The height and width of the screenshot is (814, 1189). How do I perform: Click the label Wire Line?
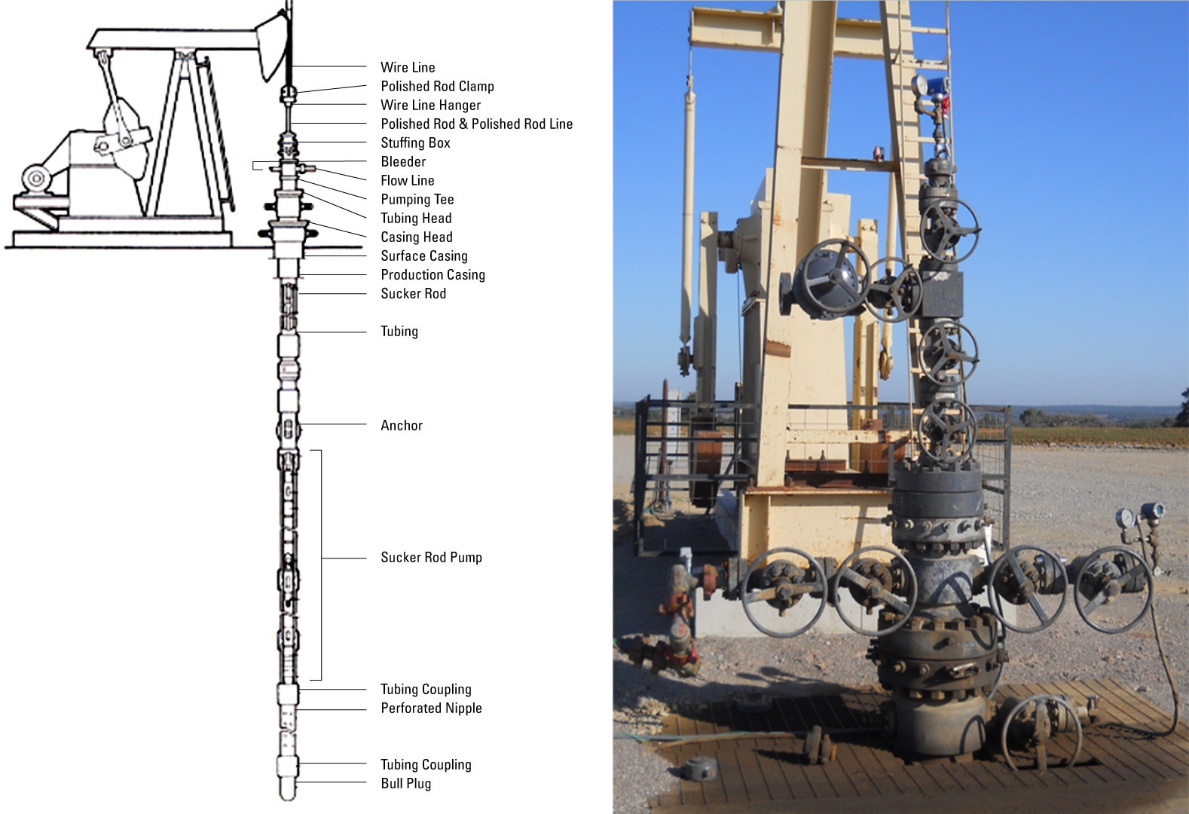click(408, 68)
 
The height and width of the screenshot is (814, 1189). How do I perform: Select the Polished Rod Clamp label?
click(437, 87)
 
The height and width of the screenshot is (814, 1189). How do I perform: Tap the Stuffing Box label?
click(415, 143)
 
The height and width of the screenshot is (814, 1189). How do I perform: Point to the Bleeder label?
click(403, 162)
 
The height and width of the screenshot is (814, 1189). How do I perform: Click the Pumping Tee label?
click(417, 200)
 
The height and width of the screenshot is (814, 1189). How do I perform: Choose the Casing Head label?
click(416, 237)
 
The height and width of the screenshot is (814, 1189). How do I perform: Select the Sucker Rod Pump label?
click(431, 558)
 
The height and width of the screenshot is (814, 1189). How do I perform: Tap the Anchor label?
click(402, 426)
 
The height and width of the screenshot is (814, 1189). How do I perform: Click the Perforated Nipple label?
click(431, 708)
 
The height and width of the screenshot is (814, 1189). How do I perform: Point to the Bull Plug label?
click(405, 784)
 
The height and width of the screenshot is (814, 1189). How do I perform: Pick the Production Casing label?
click(433, 275)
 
